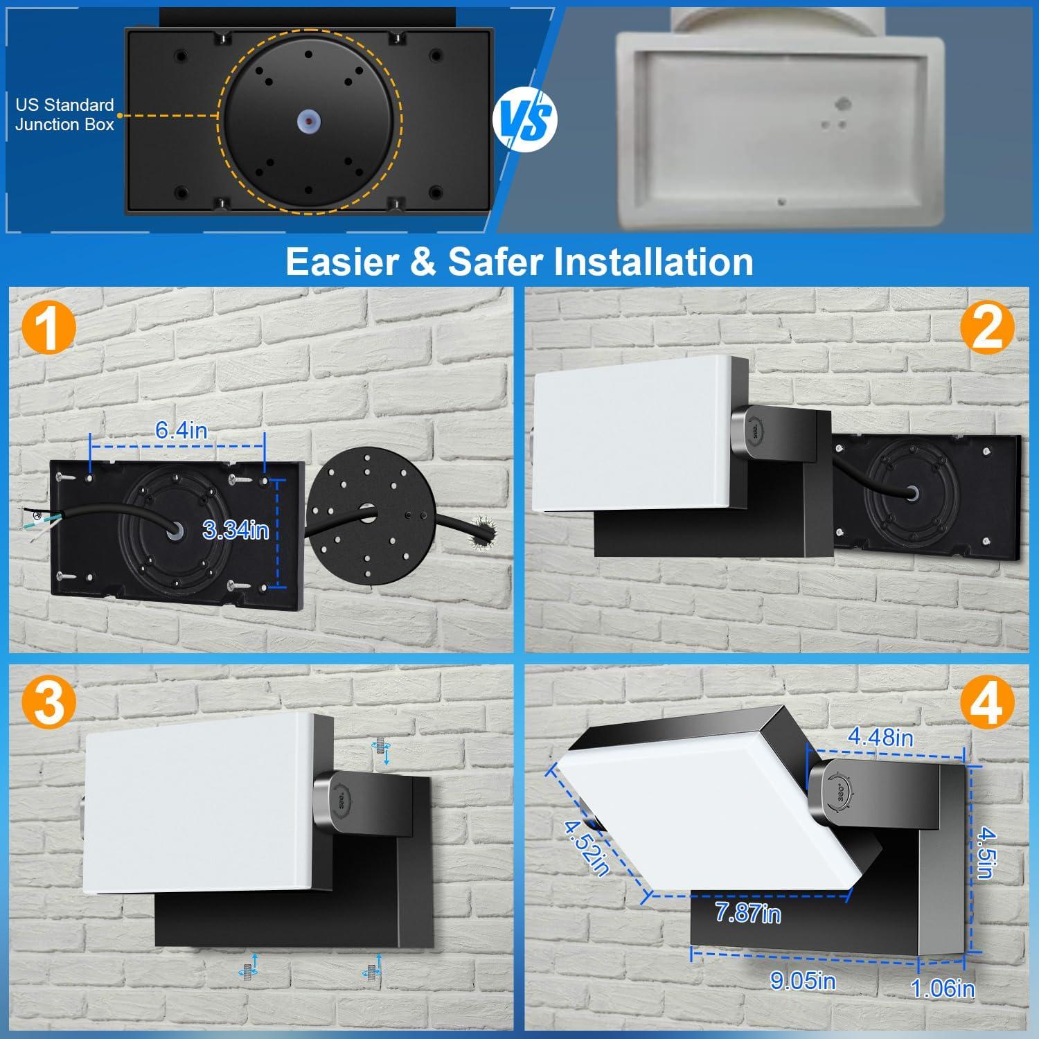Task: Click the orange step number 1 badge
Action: (48, 329)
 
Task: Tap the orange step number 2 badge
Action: (987, 329)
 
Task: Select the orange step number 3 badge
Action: (48, 702)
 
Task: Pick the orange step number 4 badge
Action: (987, 704)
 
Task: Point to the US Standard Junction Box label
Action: (64, 114)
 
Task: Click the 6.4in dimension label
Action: (181, 430)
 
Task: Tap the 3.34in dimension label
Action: (236, 530)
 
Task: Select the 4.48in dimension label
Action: (880, 737)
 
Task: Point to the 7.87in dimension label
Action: (747, 914)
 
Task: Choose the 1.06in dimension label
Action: (943, 988)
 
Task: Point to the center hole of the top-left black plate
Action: (308, 119)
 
